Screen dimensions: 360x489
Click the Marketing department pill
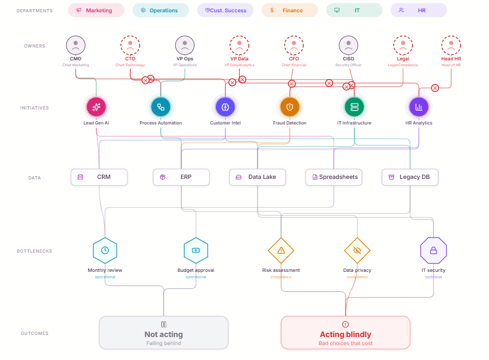[x=96, y=10]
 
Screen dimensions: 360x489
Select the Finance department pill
[x=289, y=10]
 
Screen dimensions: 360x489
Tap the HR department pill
[x=418, y=10]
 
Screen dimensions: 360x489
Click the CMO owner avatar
[x=76, y=45]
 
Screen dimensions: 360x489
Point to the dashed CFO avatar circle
[x=294, y=45]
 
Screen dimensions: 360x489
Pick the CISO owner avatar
[x=348, y=45]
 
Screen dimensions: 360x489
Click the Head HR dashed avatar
[x=451, y=45]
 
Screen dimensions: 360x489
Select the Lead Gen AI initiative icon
[x=96, y=107]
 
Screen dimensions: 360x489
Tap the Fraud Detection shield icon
[x=290, y=107]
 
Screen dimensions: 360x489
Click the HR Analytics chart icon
[x=418, y=107]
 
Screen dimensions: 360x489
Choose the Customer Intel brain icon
[x=225, y=107]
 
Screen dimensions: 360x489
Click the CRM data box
[x=99, y=177]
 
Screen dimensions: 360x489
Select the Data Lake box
[x=257, y=177]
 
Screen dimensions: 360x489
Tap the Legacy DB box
[x=410, y=177]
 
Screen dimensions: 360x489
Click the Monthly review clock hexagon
[x=105, y=250]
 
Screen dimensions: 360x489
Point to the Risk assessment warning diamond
[x=281, y=250]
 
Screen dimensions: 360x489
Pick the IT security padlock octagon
[x=433, y=250]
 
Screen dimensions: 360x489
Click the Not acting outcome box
[x=164, y=333]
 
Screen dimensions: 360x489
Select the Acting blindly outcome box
[x=345, y=333]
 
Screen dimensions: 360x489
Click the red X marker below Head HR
[x=435, y=88]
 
